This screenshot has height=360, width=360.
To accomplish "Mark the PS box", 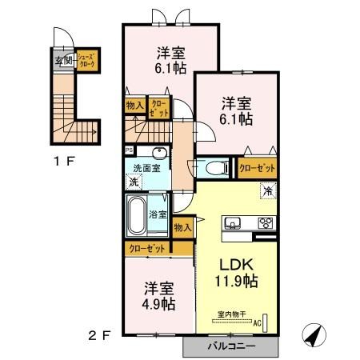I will (128, 150).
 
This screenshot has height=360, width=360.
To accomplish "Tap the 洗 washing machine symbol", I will (133, 182).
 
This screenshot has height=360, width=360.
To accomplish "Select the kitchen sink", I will (233, 222).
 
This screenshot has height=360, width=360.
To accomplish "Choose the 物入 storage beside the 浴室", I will (183, 228).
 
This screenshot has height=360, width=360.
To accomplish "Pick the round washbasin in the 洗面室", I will (158, 154).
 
